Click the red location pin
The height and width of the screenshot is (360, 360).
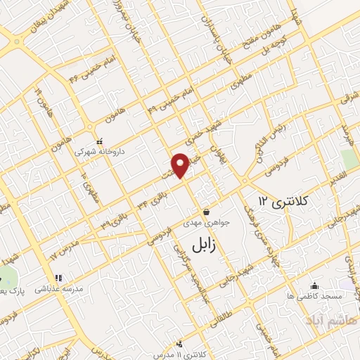(x=181, y=165)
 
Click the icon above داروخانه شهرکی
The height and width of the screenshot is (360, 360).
(x=99, y=141)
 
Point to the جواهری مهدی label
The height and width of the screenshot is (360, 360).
(x=207, y=222)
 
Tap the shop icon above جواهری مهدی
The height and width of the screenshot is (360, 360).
(x=206, y=212)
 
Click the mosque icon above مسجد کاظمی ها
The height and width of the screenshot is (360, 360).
(x=314, y=285)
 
